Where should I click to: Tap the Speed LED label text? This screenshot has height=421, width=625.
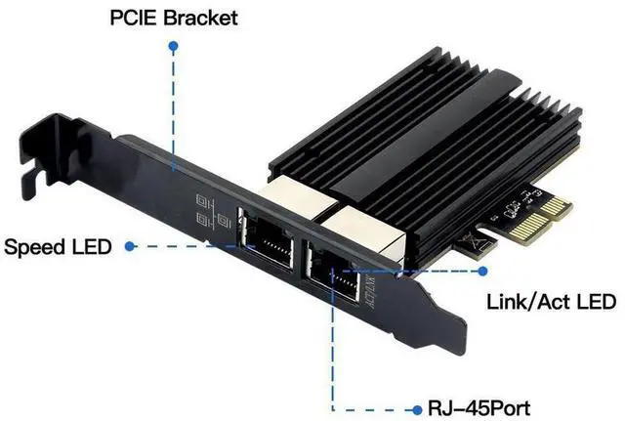click(56, 245)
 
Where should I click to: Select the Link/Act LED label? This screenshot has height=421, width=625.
click(551, 301)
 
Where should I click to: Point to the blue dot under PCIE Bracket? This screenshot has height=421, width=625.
click(174, 45)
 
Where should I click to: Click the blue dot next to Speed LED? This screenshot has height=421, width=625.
click(130, 245)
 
